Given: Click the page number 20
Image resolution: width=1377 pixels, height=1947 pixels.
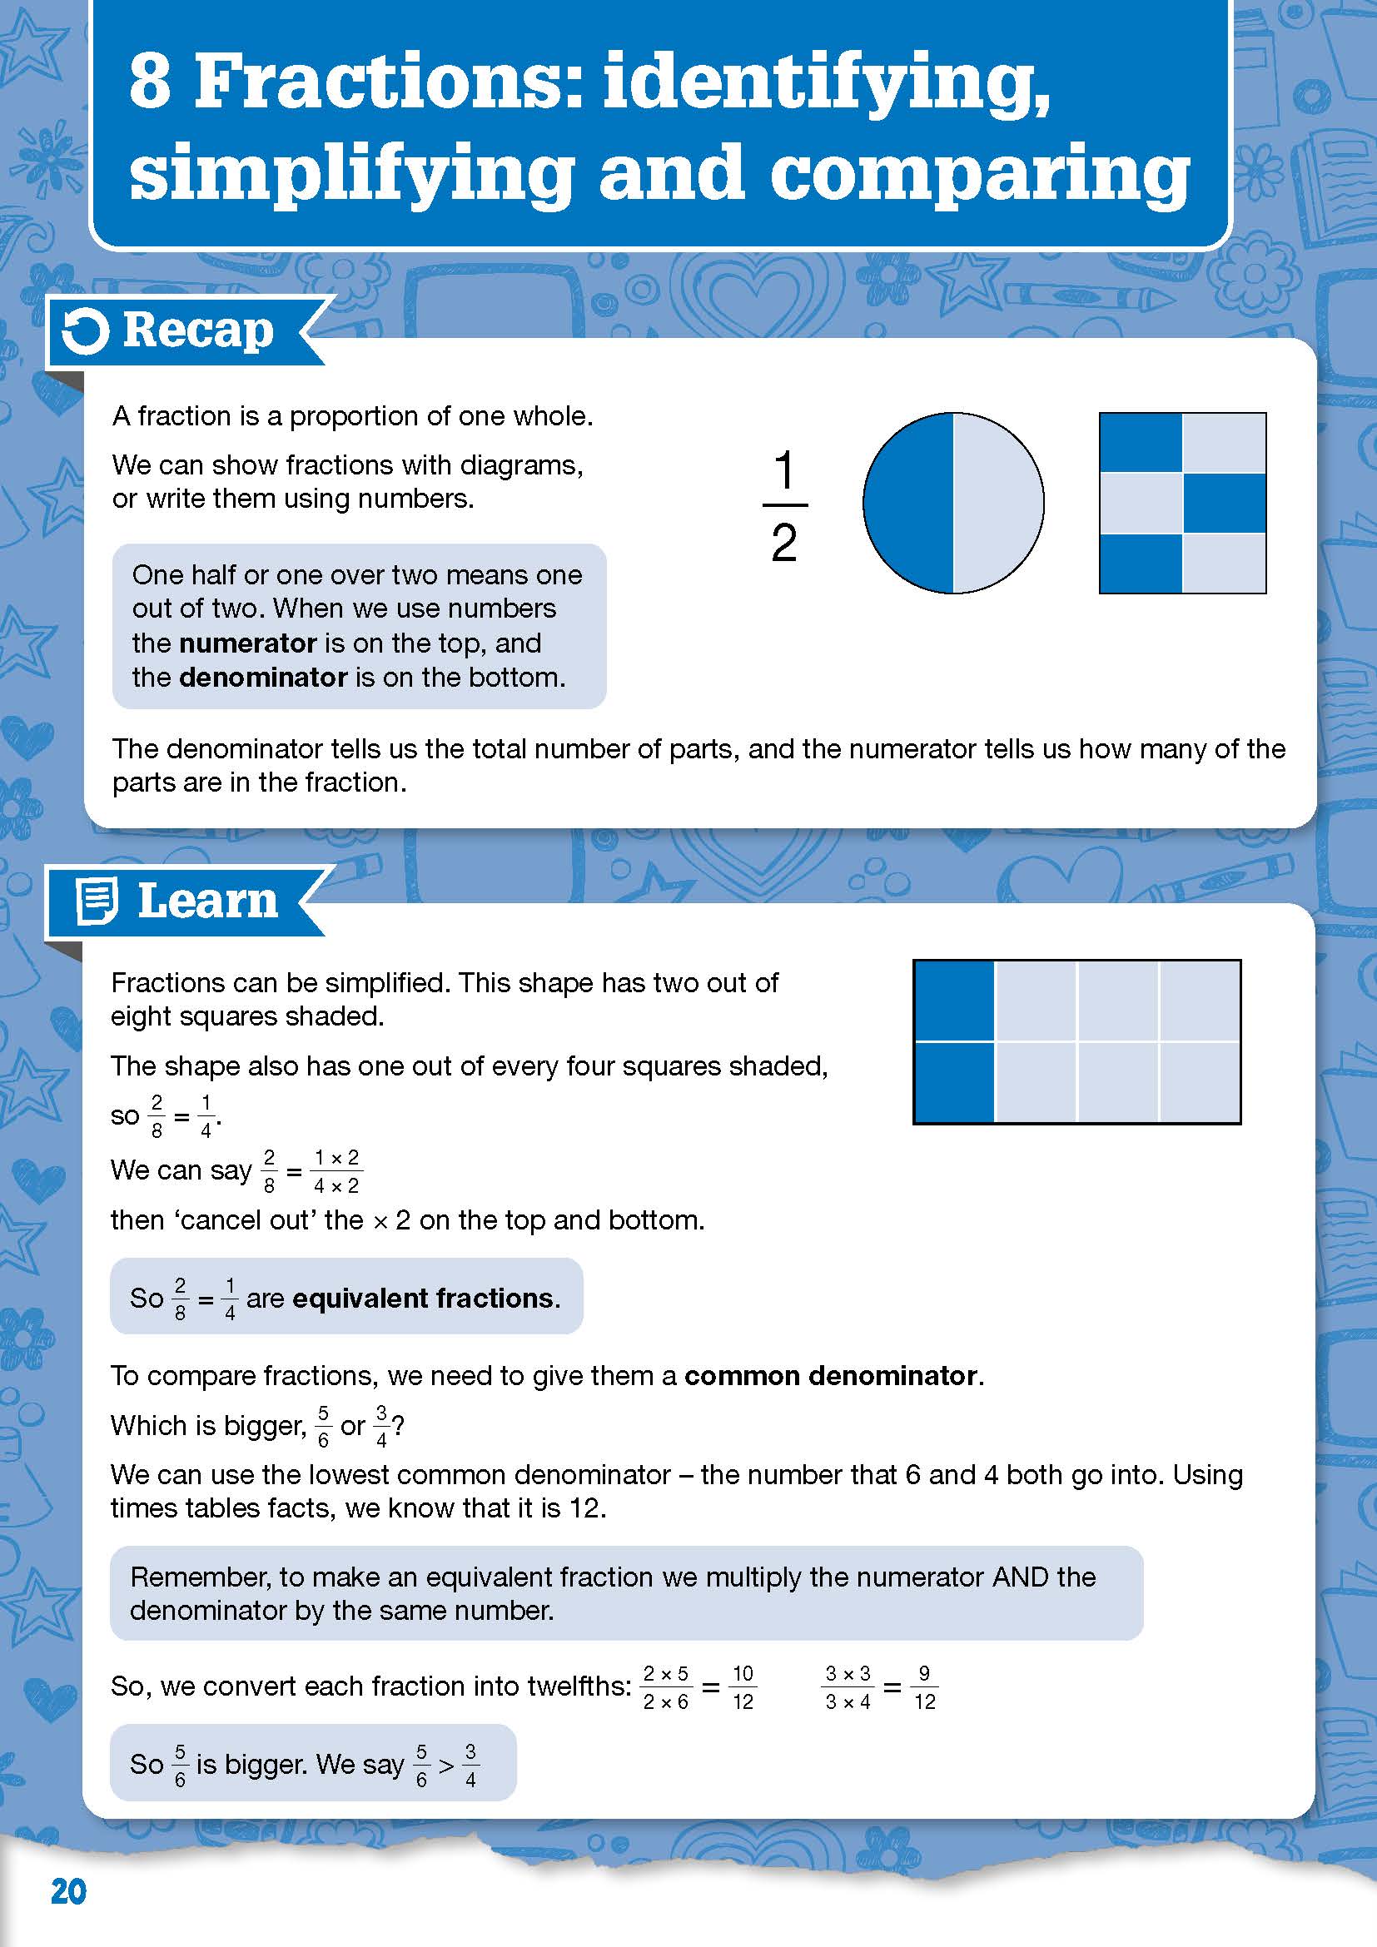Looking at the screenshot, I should [68, 1892].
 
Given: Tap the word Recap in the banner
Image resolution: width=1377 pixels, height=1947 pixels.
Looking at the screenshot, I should [198, 330].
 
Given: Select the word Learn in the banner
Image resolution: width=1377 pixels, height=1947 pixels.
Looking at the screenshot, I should [208, 901].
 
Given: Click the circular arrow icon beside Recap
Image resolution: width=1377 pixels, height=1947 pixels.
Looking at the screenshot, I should [86, 330].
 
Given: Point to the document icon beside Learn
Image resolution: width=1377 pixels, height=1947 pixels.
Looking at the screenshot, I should [96, 901].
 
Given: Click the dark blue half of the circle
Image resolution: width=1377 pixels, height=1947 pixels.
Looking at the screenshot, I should [908, 504].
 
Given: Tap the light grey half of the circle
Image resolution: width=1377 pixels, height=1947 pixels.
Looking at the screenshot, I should [998, 504].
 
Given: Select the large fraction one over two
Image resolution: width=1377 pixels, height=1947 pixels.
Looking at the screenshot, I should [784, 505].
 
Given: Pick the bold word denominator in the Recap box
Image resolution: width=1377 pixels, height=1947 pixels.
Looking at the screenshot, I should [263, 678].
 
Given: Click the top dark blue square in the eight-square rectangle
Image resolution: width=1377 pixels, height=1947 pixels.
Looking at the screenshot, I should [954, 1001].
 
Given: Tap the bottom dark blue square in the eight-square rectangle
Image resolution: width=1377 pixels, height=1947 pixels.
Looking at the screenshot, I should [954, 1082].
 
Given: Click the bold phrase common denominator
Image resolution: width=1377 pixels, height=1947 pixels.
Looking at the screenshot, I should [831, 1375].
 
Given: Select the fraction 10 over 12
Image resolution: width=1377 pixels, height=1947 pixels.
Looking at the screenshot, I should [743, 1687].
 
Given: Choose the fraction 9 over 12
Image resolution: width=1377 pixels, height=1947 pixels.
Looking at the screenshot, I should [924, 1687].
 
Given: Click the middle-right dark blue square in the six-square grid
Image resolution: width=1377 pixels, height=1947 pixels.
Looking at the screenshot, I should [1224, 504].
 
